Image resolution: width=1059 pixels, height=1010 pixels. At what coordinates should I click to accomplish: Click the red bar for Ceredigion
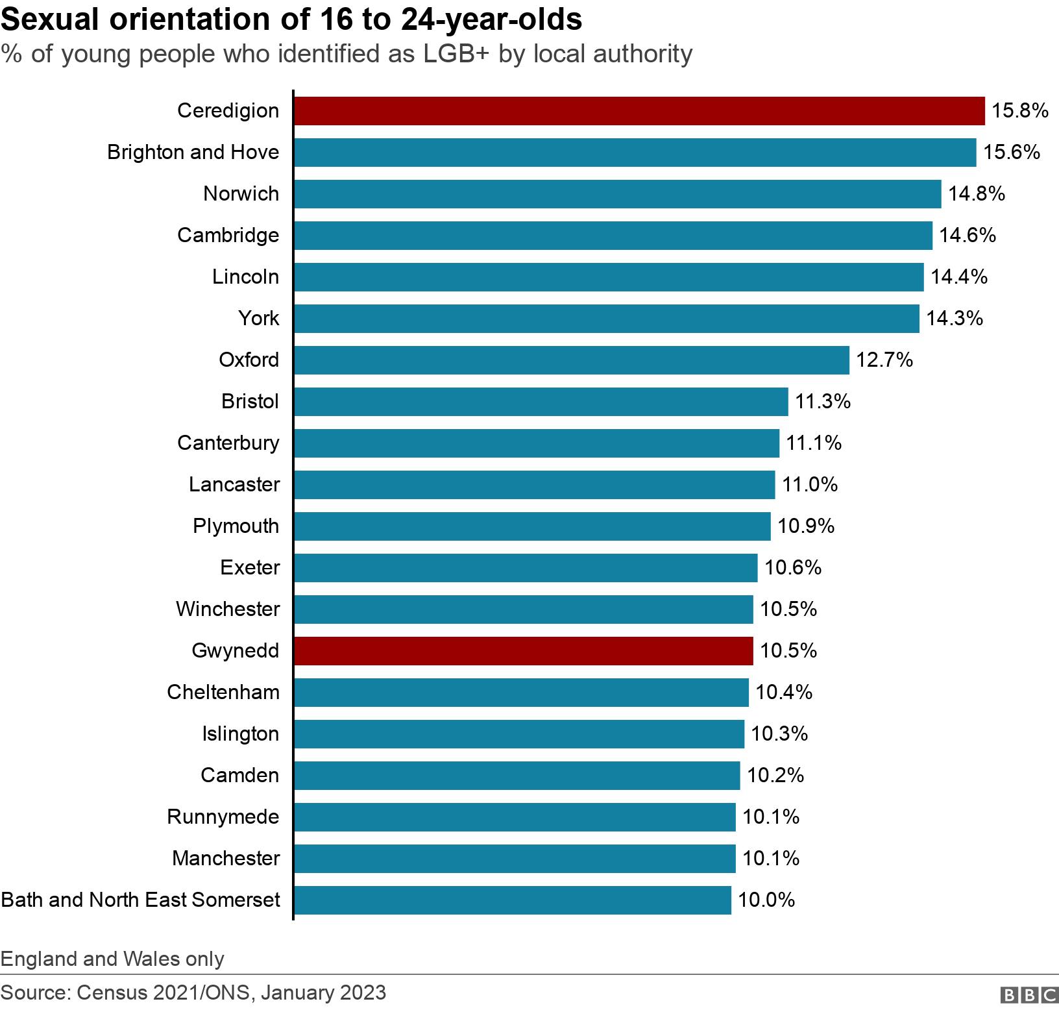click(639, 111)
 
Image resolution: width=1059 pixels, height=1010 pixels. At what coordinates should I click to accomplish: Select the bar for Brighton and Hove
click(635, 153)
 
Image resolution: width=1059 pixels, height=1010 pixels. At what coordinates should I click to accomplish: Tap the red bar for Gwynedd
click(523, 651)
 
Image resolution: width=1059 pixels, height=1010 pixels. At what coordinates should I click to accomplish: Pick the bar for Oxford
click(571, 360)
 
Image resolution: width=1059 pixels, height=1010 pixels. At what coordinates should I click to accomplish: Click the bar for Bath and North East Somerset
click(513, 900)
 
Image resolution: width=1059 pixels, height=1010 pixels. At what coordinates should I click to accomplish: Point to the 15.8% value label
click(1020, 111)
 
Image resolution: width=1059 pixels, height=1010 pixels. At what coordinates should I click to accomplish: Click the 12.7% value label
click(884, 360)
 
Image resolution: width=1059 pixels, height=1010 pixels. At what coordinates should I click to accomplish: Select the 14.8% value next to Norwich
click(977, 194)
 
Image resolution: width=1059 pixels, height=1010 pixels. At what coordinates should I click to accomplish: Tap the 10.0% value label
click(766, 900)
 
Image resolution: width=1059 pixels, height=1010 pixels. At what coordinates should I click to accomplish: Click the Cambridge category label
click(228, 236)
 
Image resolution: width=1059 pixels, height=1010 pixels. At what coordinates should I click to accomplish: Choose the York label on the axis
click(258, 319)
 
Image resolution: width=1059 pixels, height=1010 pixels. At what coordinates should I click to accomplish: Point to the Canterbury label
click(228, 443)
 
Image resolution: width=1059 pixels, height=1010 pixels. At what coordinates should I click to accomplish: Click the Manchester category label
click(225, 859)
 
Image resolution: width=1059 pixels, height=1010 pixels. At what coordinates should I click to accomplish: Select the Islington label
click(240, 734)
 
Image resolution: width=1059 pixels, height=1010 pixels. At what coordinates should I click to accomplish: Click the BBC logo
click(1029, 994)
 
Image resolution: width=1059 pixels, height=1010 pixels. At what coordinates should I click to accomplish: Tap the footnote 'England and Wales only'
click(112, 959)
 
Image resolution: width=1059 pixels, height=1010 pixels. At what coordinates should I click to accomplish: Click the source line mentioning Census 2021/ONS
click(193, 992)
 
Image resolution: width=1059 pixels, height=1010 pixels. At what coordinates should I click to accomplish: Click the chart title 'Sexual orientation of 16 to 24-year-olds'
click(291, 19)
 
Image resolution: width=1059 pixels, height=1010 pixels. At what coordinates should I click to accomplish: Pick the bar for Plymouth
click(532, 526)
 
